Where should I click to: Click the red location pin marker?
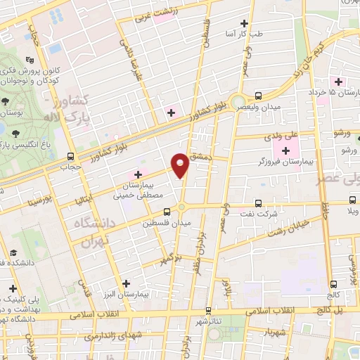(x=181, y=165)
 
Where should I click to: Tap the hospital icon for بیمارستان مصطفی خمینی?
(x=138, y=174)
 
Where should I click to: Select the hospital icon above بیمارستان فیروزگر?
(x=286, y=151)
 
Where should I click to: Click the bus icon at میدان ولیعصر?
(x=258, y=96)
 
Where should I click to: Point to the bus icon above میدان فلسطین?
(x=167, y=212)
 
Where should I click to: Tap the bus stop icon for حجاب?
(x=70, y=156)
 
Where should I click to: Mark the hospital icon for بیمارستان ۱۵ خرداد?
(x=338, y=82)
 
